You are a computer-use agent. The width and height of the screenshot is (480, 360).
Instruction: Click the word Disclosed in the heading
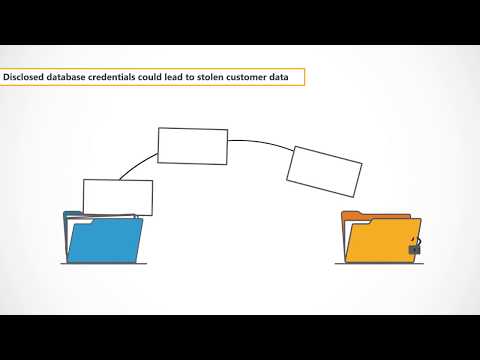click(x=24, y=76)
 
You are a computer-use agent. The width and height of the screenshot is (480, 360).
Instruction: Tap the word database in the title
click(x=67, y=76)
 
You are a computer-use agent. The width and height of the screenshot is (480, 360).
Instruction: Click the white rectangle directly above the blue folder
click(x=118, y=197)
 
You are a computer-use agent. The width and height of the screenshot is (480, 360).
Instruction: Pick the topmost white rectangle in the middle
click(x=193, y=145)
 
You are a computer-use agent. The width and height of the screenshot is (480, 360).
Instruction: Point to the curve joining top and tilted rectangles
click(x=260, y=143)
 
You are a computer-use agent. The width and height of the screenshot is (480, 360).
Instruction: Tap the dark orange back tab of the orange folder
click(x=354, y=215)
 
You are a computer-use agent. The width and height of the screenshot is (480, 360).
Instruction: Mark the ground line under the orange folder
click(x=377, y=264)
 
